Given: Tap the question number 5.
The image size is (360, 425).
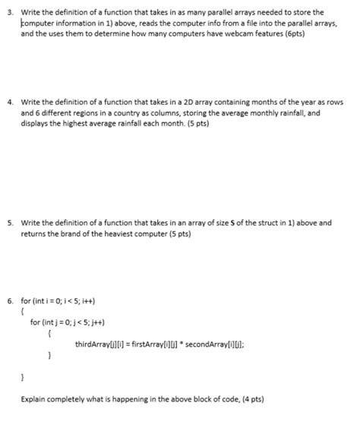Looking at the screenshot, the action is (8, 223).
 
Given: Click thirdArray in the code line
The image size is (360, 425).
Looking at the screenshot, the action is (93, 344).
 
